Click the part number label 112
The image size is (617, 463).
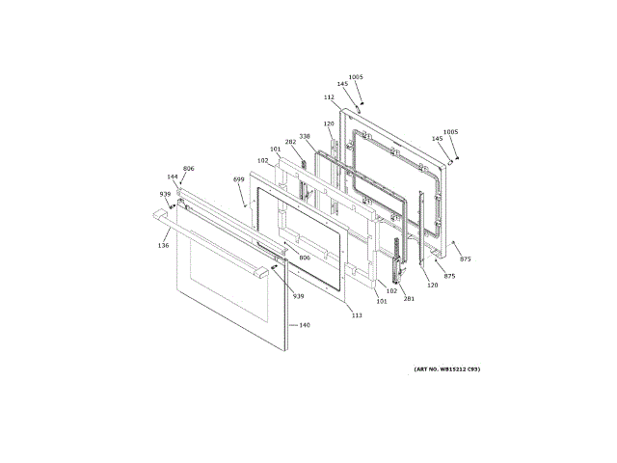(329, 97)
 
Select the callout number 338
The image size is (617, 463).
(305, 136)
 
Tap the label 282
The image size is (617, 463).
(290, 142)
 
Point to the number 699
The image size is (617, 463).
(238, 179)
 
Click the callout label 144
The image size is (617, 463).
(173, 177)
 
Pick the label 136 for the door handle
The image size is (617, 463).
(164, 246)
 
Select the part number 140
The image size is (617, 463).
(305, 325)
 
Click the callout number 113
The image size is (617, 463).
(356, 315)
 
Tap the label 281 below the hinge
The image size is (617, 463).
(409, 298)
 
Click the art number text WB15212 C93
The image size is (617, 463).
(446, 369)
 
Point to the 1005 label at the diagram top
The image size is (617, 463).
(356, 77)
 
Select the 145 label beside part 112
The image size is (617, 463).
(342, 85)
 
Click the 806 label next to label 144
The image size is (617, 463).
(189, 169)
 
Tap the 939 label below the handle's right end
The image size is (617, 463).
(298, 296)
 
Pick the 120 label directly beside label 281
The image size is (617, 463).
(432, 286)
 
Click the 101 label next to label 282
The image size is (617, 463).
(275, 149)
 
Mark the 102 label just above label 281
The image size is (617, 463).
(392, 290)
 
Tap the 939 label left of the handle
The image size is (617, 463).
(165, 194)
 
